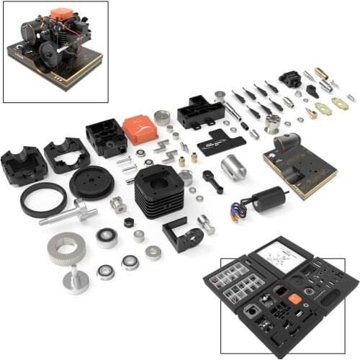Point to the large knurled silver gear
pyautogui.click(x=66, y=248)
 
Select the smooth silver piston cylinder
pyautogui.click(x=233, y=167)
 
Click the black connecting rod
pyautogui.click(x=212, y=180)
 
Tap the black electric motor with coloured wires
pyautogui.click(x=268, y=198)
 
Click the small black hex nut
pyautogui.click(x=129, y=222)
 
